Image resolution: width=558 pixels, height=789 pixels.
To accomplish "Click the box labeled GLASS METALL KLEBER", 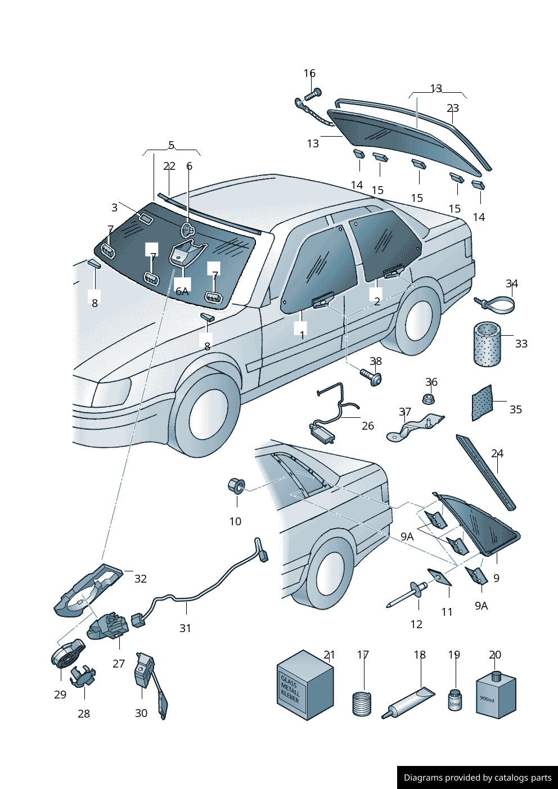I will click(x=305, y=686).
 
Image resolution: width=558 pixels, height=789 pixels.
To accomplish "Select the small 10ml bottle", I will click(x=454, y=700).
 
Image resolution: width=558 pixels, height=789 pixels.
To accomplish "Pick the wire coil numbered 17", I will click(x=362, y=704).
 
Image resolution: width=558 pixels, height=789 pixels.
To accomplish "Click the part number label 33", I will click(x=521, y=344).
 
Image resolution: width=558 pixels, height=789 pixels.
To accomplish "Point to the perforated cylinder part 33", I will click(x=487, y=344).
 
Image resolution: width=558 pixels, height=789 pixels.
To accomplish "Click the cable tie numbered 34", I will click(x=497, y=305).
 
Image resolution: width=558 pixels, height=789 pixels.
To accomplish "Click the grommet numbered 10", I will click(x=236, y=485).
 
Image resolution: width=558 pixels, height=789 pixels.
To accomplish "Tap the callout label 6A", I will click(x=182, y=291).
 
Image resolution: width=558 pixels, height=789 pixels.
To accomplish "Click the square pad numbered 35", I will click(x=482, y=403).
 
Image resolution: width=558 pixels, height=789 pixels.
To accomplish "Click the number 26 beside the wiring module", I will click(x=367, y=426).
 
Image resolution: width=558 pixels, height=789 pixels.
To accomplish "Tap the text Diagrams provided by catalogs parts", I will click(x=477, y=778).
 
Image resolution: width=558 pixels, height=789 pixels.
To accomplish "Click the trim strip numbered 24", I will click(x=485, y=472).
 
